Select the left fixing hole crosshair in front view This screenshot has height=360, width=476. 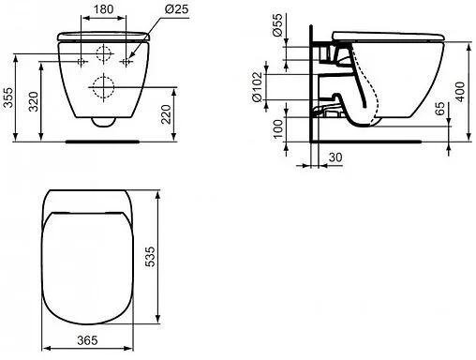click(82, 61)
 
